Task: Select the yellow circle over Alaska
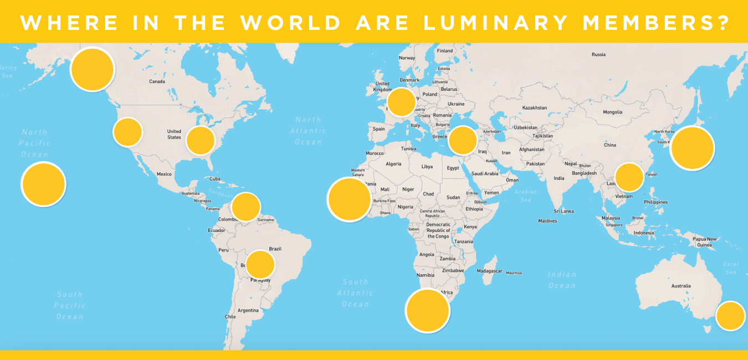click(x=93, y=69)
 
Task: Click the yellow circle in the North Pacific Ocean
click(x=44, y=184)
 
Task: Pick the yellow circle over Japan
click(x=692, y=148)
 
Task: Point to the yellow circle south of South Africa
click(x=428, y=311)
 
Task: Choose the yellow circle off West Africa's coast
click(x=349, y=199)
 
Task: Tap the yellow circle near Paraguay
click(x=260, y=264)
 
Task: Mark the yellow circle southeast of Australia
click(x=730, y=316)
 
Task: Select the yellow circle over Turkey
click(x=463, y=140)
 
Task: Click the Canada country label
click(x=157, y=81)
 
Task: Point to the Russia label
click(x=598, y=54)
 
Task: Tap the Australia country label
click(x=681, y=286)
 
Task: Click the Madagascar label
click(x=489, y=271)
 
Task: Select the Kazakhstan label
click(x=535, y=107)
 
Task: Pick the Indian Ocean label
click(x=562, y=280)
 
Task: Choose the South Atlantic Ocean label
click(x=355, y=293)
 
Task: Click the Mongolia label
click(x=613, y=112)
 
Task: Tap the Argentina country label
click(x=248, y=310)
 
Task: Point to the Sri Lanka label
click(x=563, y=211)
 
